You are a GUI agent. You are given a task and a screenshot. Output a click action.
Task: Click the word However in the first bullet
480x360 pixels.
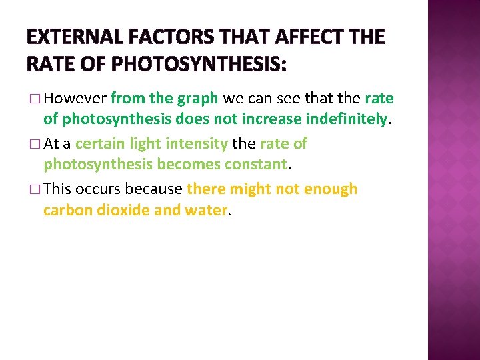tap(75, 99)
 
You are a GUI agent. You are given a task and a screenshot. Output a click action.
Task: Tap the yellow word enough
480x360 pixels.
tap(331, 189)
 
